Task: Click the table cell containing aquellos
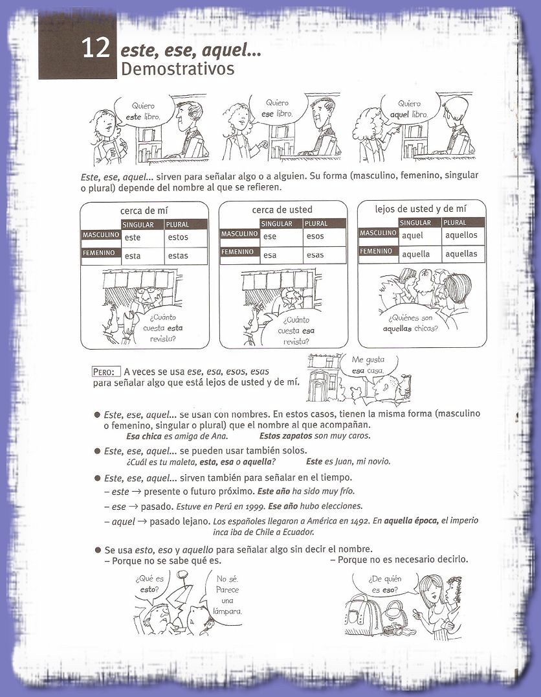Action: [x=461, y=235]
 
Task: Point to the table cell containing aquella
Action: [x=415, y=254]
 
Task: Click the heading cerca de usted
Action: [x=282, y=209]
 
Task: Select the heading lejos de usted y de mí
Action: [x=421, y=208]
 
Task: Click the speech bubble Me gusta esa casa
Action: [x=367, y=365]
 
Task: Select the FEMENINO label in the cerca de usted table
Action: [x=239, y=251]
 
